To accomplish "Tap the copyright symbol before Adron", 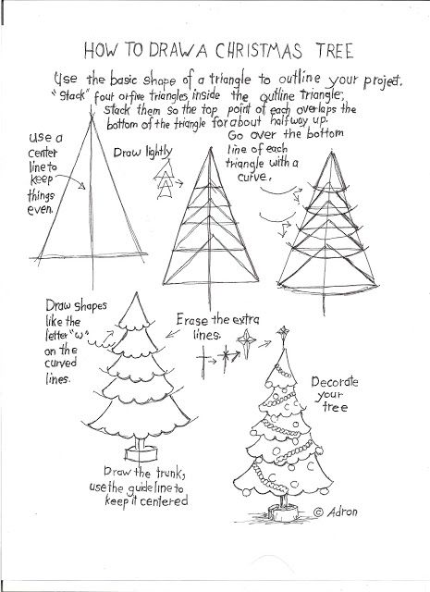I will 317,512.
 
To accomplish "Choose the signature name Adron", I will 342,512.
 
